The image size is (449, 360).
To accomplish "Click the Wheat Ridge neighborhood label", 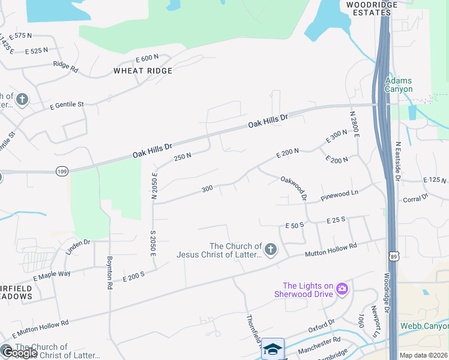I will click(143, 71).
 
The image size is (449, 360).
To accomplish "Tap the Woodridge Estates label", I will click(372, 8).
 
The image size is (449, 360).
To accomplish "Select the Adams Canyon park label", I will click(399, 85).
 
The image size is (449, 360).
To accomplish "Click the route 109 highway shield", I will click(62, 172).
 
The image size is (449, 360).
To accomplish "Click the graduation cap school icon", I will click(272, 349).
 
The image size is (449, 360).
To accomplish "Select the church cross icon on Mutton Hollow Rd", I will click(271, 249).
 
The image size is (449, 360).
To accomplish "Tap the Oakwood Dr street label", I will click(294, 187).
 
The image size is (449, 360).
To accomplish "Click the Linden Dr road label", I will click(77, 247).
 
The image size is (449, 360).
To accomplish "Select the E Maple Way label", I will click(52, 276).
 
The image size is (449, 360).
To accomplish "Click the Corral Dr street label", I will click(415, 197).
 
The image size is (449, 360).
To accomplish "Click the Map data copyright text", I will click(424, 355).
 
